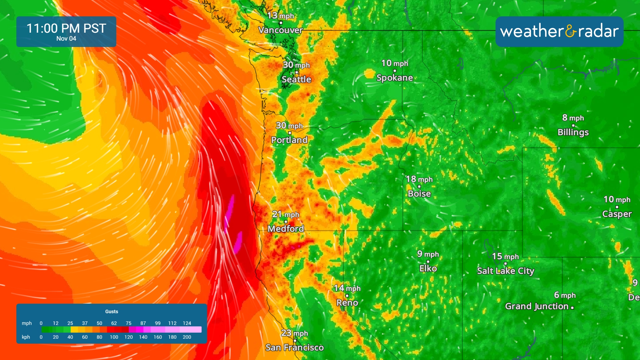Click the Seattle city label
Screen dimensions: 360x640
point(296,79)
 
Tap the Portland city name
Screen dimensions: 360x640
point(289,140)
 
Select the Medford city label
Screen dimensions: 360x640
point(286,229)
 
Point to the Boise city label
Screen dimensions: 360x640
point(419,194)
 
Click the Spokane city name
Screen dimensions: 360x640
point(395,78)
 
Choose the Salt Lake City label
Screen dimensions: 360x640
point(505,271)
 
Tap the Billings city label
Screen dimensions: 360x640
point(573,132)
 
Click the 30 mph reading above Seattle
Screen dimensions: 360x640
point(296,65)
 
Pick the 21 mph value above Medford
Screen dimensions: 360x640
point(285,214)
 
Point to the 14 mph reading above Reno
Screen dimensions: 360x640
point(347,288)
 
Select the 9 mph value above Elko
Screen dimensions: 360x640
point(428,254)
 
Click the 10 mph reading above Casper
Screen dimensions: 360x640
point(617,199)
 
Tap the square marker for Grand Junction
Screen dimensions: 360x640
point(572,308)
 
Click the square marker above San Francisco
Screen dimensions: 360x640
point(295,341)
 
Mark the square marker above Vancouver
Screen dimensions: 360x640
point(281,23)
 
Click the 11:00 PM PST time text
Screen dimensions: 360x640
point(66,28)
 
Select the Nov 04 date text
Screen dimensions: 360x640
point(66,39)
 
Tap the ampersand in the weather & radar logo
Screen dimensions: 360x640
point(571,32)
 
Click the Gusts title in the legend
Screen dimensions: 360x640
point(111,311)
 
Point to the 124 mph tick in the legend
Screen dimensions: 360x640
point(187,323)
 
